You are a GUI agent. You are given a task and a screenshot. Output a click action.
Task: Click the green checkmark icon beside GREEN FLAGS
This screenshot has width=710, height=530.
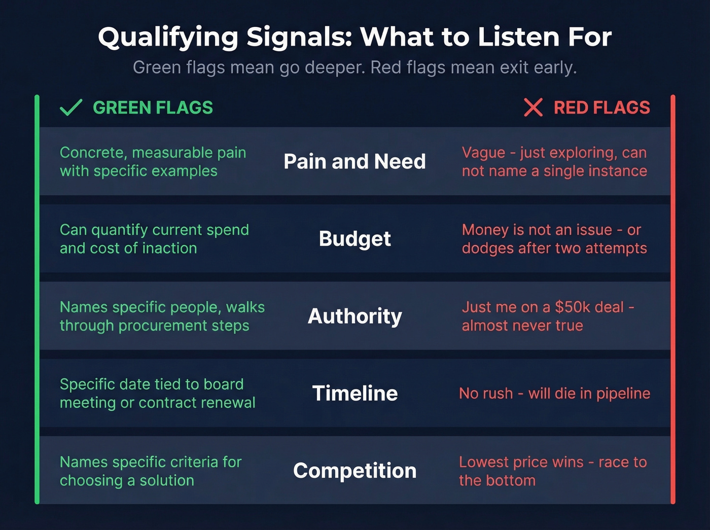pos(71,108)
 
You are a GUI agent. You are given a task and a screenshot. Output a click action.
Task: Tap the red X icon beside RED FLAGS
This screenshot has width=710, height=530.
pos(533,108)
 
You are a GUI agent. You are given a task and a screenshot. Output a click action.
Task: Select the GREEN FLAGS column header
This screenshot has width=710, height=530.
pos(153,108)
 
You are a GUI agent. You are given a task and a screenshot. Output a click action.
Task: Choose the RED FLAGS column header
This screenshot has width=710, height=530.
pos(601,108)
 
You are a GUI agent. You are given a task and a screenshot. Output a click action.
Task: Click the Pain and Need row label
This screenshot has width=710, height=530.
pos(354,161)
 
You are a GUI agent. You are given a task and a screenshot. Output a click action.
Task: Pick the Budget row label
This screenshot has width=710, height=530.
pos(354,238)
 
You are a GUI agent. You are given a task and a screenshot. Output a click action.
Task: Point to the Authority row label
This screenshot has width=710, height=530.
pos(354,316)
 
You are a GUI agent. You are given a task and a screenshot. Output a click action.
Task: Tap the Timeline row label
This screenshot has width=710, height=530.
pos(354,393)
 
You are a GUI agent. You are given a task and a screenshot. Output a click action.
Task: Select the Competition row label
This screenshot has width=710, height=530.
pos(354,471)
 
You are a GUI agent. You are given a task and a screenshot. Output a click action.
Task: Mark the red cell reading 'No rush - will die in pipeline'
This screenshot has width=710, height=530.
pos(554,393)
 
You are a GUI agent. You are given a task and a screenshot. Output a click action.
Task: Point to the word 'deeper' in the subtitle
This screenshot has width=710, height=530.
pos(333,67)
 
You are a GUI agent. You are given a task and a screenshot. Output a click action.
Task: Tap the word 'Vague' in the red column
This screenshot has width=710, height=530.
pos(483,153)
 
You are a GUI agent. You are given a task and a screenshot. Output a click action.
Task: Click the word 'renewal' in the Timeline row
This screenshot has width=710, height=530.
pos(231,403)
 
